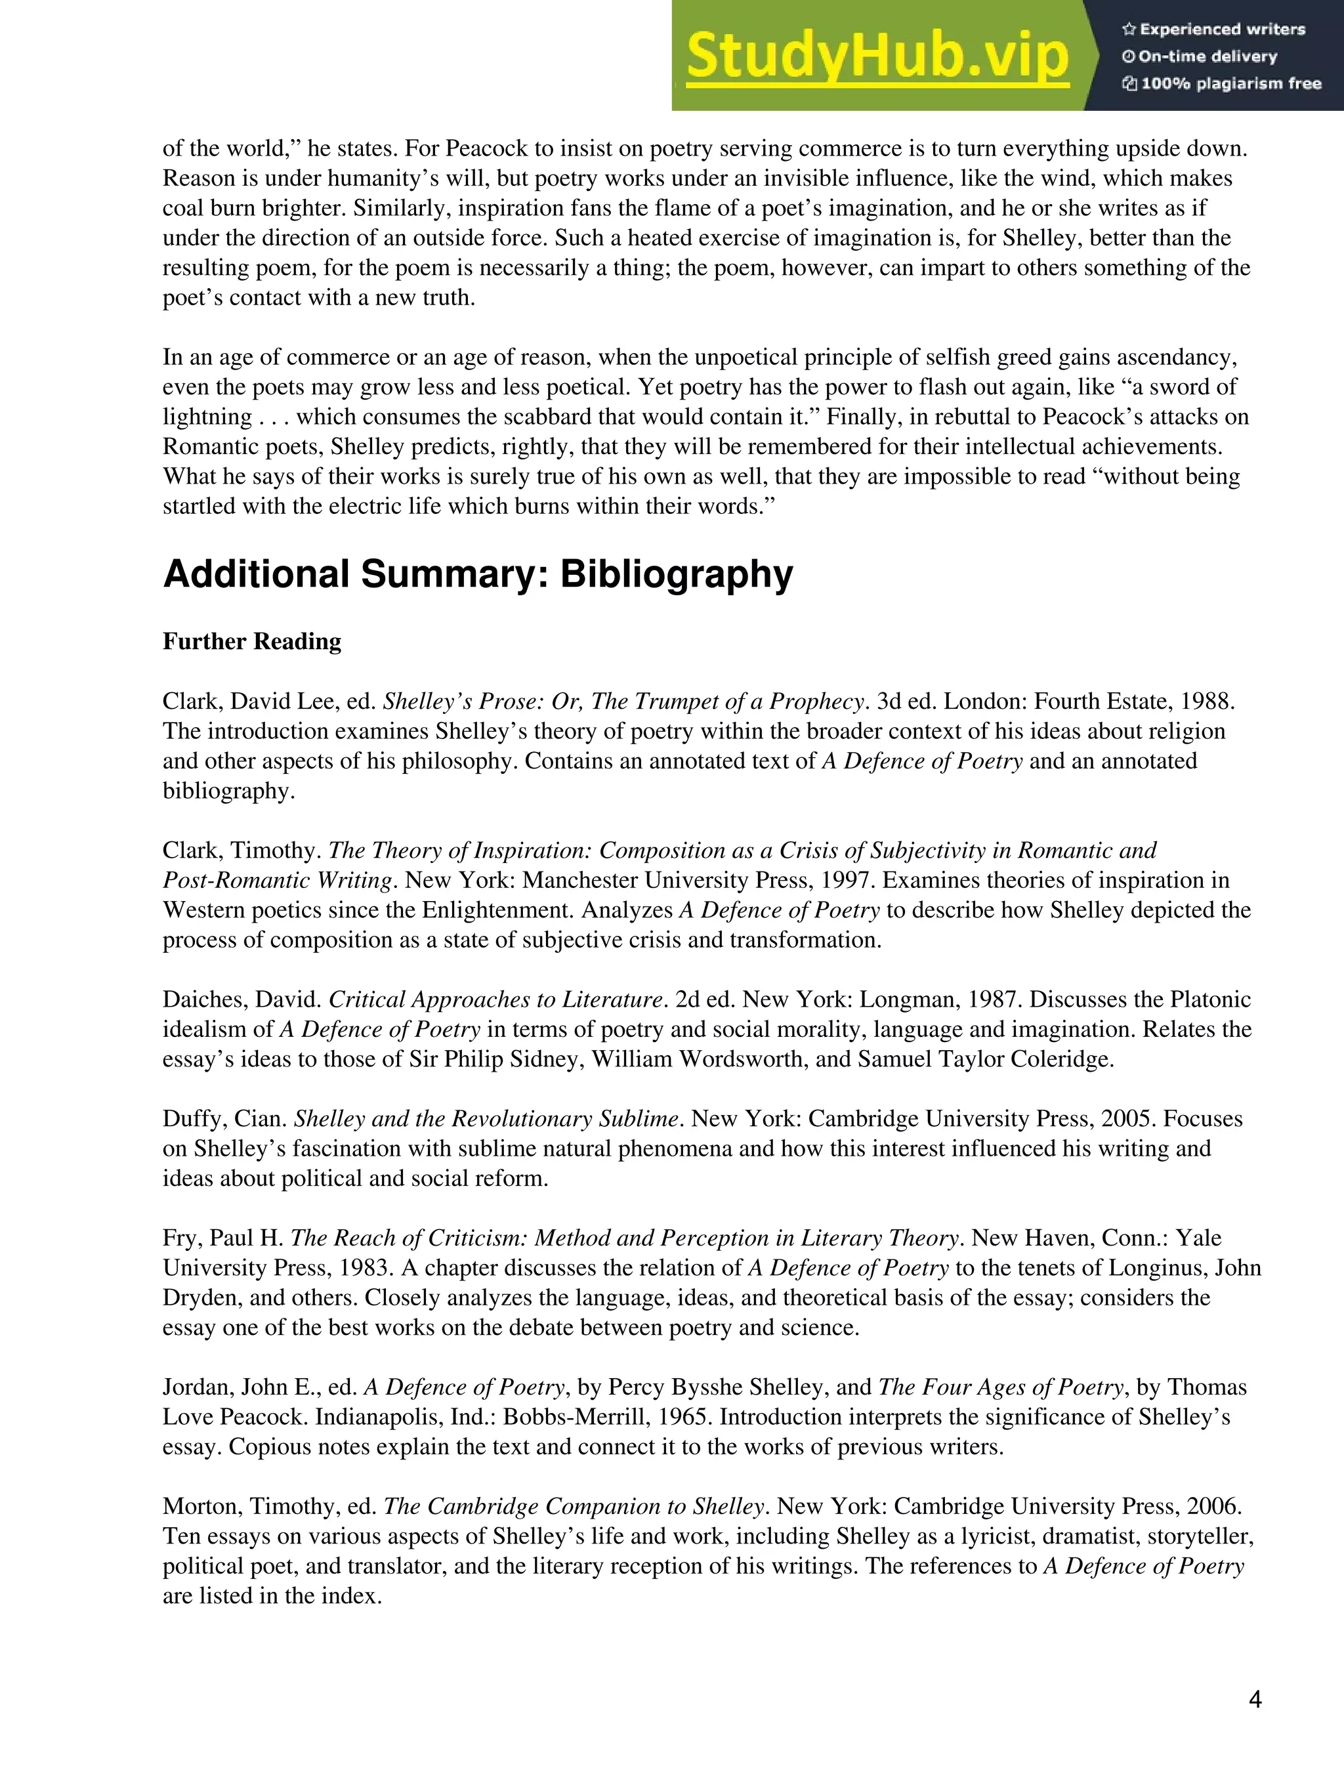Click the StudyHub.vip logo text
point(877,56)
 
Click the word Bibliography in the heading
point(676,575)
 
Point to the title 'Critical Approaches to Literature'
point(495,1000)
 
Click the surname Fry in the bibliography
point(180,1238)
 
